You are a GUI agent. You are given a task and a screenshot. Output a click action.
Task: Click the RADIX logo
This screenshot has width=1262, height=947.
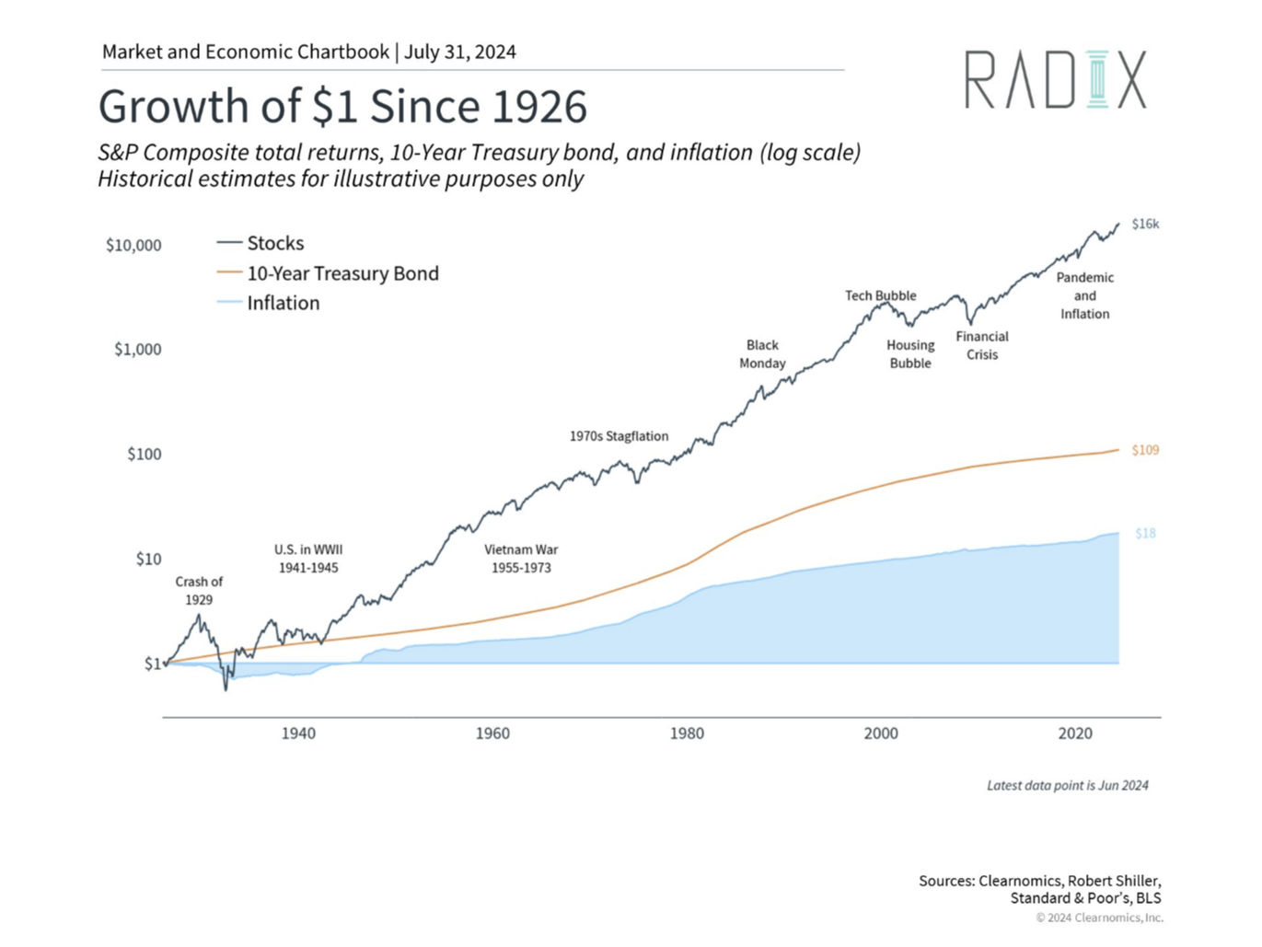pyautogui.click(x=1055, y=80)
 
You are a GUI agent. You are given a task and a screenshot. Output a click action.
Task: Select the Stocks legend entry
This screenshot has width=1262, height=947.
pyautogui.click(x=274, y=243)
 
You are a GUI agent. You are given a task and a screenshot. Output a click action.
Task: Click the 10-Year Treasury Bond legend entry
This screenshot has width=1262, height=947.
pyautogui.click(x=342, y=273)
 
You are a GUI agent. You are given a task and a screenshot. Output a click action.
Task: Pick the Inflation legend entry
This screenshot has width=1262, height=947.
pyautogui.click(x=283, y=303)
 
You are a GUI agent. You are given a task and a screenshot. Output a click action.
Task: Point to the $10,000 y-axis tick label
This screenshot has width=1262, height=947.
pyautogui.click(x=133, y=246)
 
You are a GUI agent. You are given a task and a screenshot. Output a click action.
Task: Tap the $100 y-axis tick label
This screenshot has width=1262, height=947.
pyautogui.click(x=144, y=455)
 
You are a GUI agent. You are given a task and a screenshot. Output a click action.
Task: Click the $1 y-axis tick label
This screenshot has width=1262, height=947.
pyautogui.click(x=153, y=664)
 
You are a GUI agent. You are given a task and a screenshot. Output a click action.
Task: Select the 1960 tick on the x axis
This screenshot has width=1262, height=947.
pyautogui.click(x=492, y=733)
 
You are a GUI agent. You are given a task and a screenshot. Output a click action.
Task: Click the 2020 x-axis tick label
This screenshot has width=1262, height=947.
pyautogui.click(x=1075, y=733)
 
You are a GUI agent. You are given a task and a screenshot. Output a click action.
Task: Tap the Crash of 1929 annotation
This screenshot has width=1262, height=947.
pyautogui.click(x=199, y=591)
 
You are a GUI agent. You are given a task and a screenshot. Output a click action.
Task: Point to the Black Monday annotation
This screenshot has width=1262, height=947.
pyautogui.click(x=762, y=354)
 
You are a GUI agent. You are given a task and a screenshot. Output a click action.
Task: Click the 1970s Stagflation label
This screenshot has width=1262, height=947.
pyautogui.click(x=619, y=436)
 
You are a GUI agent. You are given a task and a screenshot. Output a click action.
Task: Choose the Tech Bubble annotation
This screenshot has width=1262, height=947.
pyautogui.click(x=881, y=295)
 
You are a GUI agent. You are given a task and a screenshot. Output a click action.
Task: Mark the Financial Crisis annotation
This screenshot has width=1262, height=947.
pyautogui.click(x=982, y=345)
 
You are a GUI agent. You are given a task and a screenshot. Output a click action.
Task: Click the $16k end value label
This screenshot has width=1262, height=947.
pyautogui.click(x=1145, y=224)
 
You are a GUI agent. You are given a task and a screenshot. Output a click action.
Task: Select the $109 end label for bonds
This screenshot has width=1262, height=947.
pyautogui.click(x=1145, y=450)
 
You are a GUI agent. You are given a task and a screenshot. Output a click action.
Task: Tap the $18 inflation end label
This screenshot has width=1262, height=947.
pyautogui.click(x=1145, y=533)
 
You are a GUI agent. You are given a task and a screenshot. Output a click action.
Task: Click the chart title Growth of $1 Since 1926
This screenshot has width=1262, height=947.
pyautogui.click(x=342, y=106)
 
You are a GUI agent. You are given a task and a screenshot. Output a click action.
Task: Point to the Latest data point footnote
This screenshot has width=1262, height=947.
pyautogui.click(x=1067, y=785)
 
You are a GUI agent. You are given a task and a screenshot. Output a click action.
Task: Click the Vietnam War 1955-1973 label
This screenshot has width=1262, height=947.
pyautogui.click(x=521, y=559)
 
